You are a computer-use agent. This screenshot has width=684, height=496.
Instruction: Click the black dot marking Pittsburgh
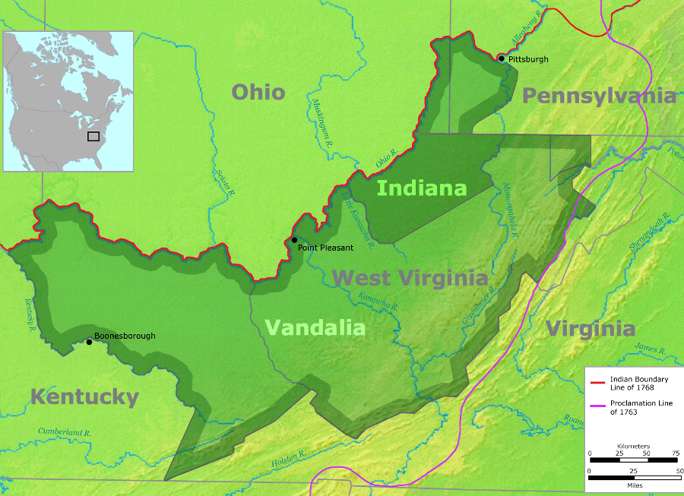(501, 58)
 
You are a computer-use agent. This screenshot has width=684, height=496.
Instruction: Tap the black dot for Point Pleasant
(295, 240)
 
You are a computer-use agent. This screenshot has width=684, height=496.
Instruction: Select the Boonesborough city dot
(90, 342)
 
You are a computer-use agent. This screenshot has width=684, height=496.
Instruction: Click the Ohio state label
(258, 92)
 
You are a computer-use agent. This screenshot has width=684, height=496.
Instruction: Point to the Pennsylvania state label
(599, 96)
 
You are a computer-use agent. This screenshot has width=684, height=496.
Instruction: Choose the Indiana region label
(422, 188)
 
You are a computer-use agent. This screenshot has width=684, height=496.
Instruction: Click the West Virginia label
(410, 277)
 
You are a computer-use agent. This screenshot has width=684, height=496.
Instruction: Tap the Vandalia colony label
(315, 327)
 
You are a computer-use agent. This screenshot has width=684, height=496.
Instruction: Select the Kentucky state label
(84, 396)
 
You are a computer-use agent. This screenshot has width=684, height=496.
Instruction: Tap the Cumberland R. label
(64, 432)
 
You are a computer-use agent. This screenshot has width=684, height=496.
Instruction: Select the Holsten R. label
(288, 459)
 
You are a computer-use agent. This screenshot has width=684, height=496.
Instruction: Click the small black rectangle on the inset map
(93, 136)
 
